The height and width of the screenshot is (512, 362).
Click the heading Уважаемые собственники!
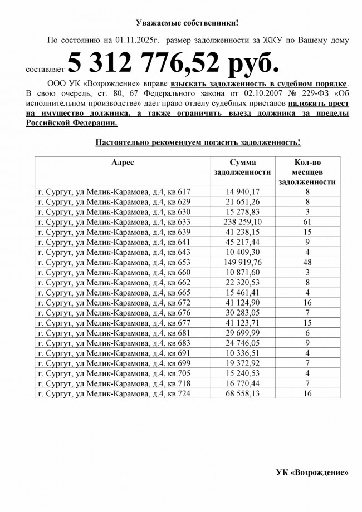click(x=187, y=23)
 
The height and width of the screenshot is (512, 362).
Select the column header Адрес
click(x=123, y=162)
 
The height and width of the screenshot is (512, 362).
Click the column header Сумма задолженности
click(x=242, y=167)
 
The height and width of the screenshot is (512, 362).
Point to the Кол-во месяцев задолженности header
click(x=306, y=171)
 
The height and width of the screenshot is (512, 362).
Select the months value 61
click(x=306, y=221)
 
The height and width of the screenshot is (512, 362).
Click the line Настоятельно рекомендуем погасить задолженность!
click(x=198, y=142)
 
